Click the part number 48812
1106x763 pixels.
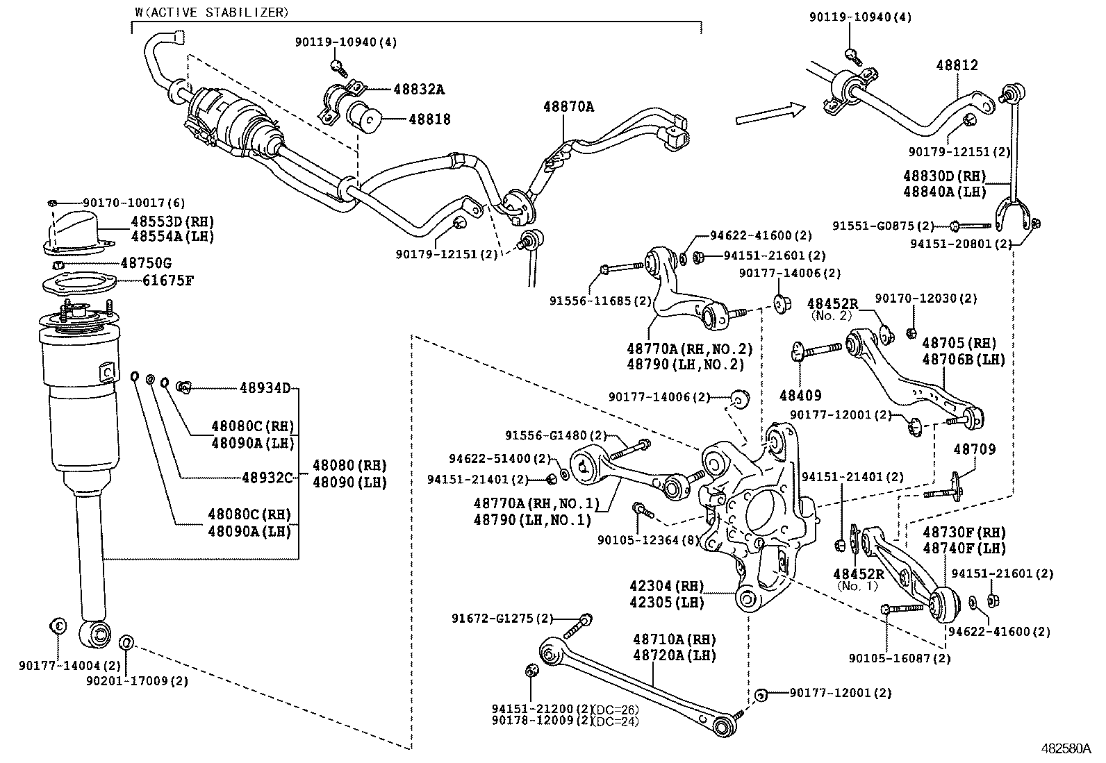click(957, 65)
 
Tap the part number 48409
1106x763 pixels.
click(800, 395)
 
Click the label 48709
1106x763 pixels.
click(974, 449)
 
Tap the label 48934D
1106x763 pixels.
click(265, 387)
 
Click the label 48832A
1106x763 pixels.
click(418, 89)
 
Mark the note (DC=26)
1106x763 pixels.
click(616, 709)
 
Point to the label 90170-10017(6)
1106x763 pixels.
click(134, 203)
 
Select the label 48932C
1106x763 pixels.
click(267, 478)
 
